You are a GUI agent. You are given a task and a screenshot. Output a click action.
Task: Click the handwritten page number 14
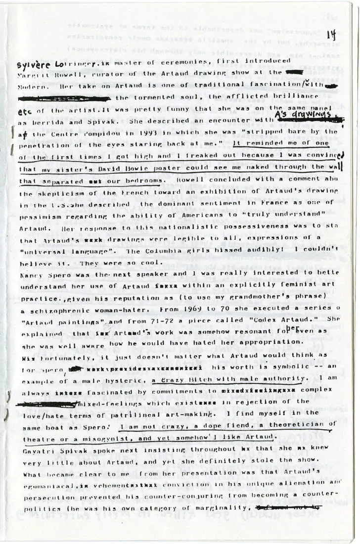331,35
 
